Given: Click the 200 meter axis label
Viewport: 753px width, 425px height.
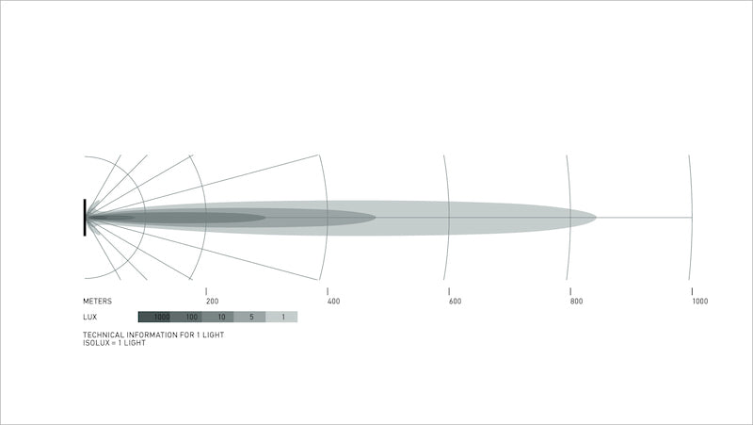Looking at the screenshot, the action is click(x=213, y=302).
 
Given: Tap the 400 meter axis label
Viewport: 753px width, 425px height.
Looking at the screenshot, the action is click(x=334, y=302).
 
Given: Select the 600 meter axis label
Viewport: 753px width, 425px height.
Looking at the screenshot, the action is click(x=456, y=302).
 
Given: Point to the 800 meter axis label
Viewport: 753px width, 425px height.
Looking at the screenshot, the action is click(x=577, y=302).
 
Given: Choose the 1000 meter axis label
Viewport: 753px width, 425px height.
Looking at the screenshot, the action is click(x=700, y=302).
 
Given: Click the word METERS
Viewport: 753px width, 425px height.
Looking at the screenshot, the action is click(x=98, y=302).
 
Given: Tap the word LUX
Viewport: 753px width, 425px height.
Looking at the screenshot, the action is click(x=89, y=317).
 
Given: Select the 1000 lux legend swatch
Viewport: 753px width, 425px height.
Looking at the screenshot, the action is click(x=154, y=317).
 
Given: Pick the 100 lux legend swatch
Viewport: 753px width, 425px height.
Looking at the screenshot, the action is click(x=185, y=317).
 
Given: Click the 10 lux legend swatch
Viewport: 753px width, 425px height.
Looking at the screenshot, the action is click(x=218, y=317).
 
